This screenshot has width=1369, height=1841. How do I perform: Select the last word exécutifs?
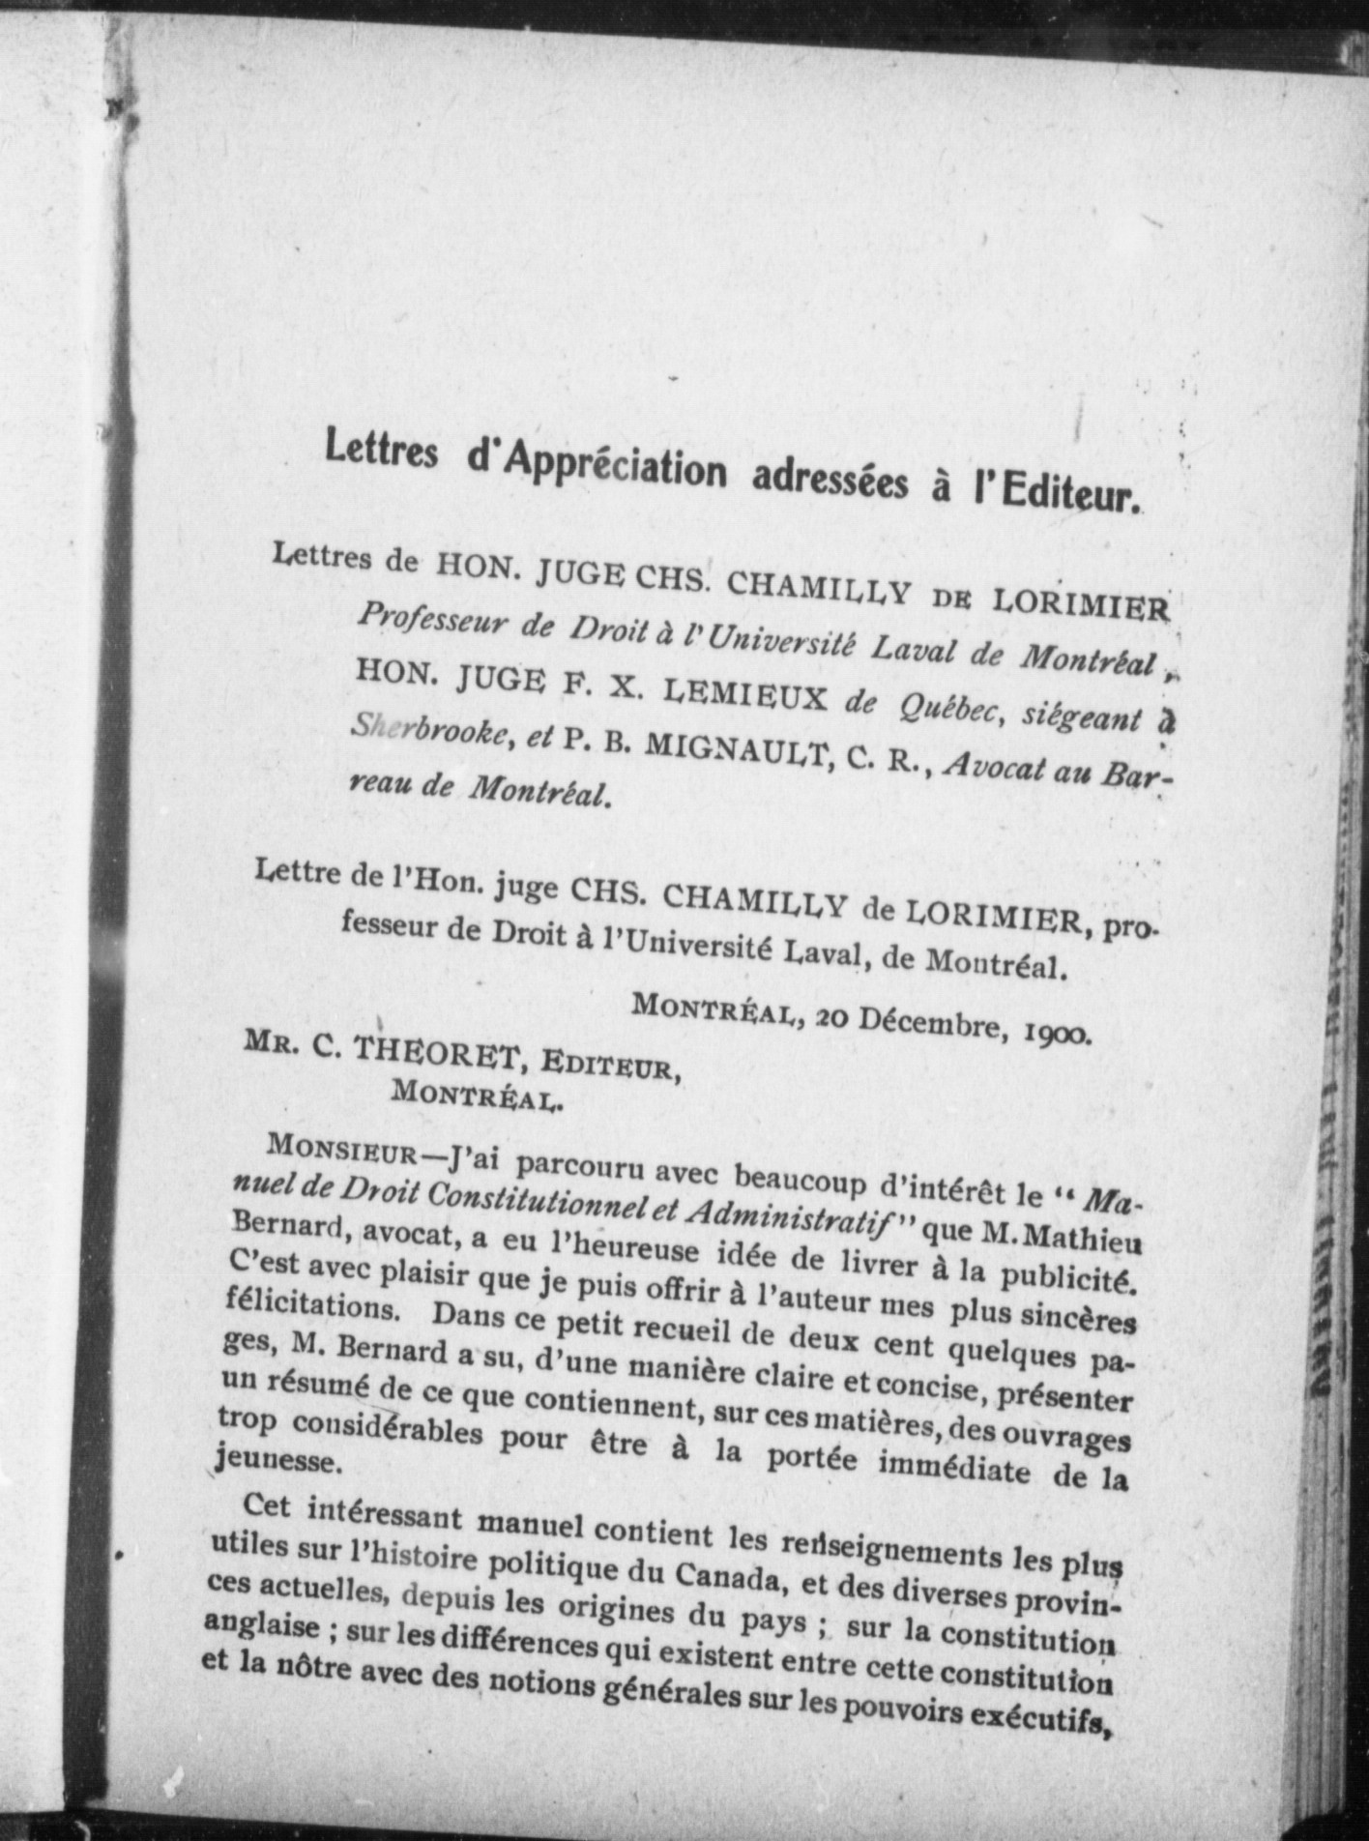[1039, 1716]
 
